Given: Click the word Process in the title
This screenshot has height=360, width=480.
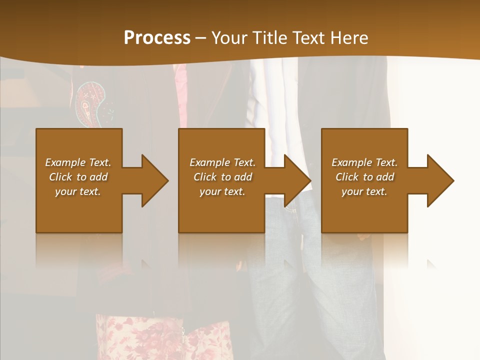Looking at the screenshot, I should [x=157, y=38].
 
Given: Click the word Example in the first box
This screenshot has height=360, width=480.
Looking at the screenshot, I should [x=65, y=162].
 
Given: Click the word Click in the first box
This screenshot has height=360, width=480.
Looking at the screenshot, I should [x=60, y=177].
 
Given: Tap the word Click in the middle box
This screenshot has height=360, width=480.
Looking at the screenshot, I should [x=205, y=177].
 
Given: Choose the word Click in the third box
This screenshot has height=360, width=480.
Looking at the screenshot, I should [x=347, y=177].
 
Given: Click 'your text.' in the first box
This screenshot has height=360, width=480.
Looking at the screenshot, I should [x=78, y=191].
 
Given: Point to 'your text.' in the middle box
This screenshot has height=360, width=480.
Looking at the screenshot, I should [x=222, y=191].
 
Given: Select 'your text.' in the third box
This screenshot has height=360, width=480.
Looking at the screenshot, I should [x=364, y=191].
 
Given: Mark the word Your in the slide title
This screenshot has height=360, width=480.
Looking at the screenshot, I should [x=229, y=38].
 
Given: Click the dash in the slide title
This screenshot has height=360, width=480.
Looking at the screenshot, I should [x=201, y=38].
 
